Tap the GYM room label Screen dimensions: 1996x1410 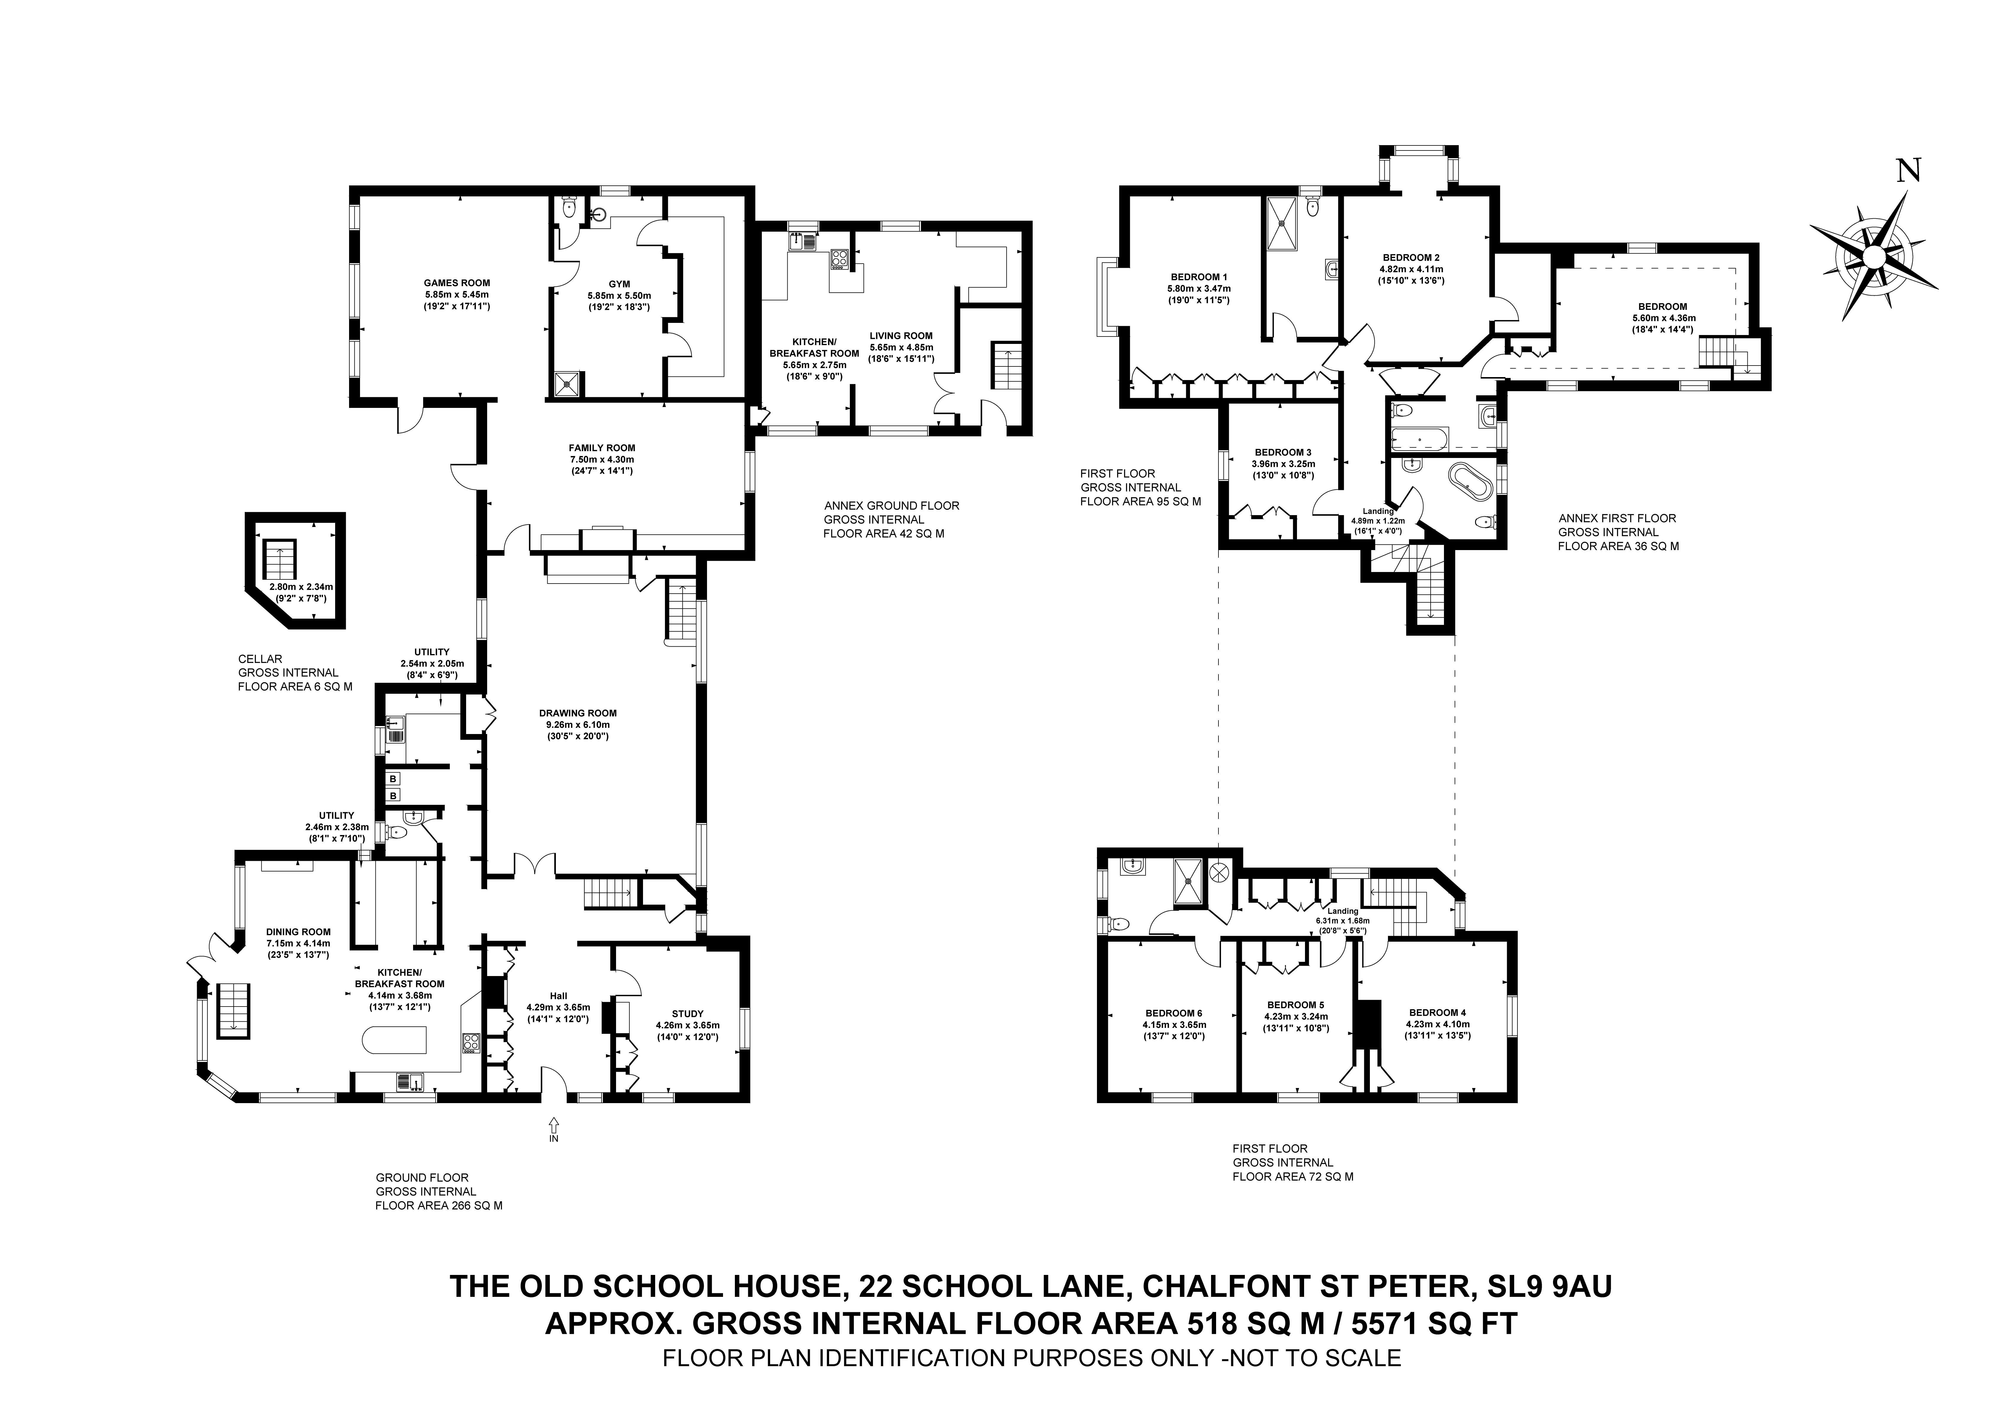(x=619, y=283)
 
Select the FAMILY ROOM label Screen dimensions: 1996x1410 (x=602, y=448)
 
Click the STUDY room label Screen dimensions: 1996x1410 (x=688, y=1014)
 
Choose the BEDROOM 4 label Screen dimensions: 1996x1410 (x=1437, y=1013)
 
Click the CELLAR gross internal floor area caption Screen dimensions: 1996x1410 (x=295, y=673)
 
